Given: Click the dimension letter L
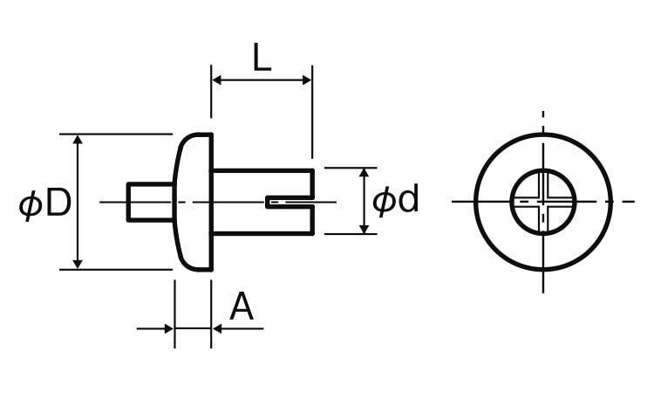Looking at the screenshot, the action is coord(262,57).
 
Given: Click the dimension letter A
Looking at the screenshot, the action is coord(242,307).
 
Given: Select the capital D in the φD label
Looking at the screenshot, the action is coord(58,203).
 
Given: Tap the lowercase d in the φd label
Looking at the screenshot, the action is coord(407,199).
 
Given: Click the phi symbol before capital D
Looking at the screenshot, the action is coord(31,204).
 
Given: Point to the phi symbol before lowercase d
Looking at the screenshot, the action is coord(384,202).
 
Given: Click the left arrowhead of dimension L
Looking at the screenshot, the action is coord(217,80).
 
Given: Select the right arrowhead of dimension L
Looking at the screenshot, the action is coord(307,80).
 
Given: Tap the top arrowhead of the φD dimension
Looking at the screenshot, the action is coord(78,140).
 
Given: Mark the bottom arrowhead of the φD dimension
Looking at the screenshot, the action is coord(78,265).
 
